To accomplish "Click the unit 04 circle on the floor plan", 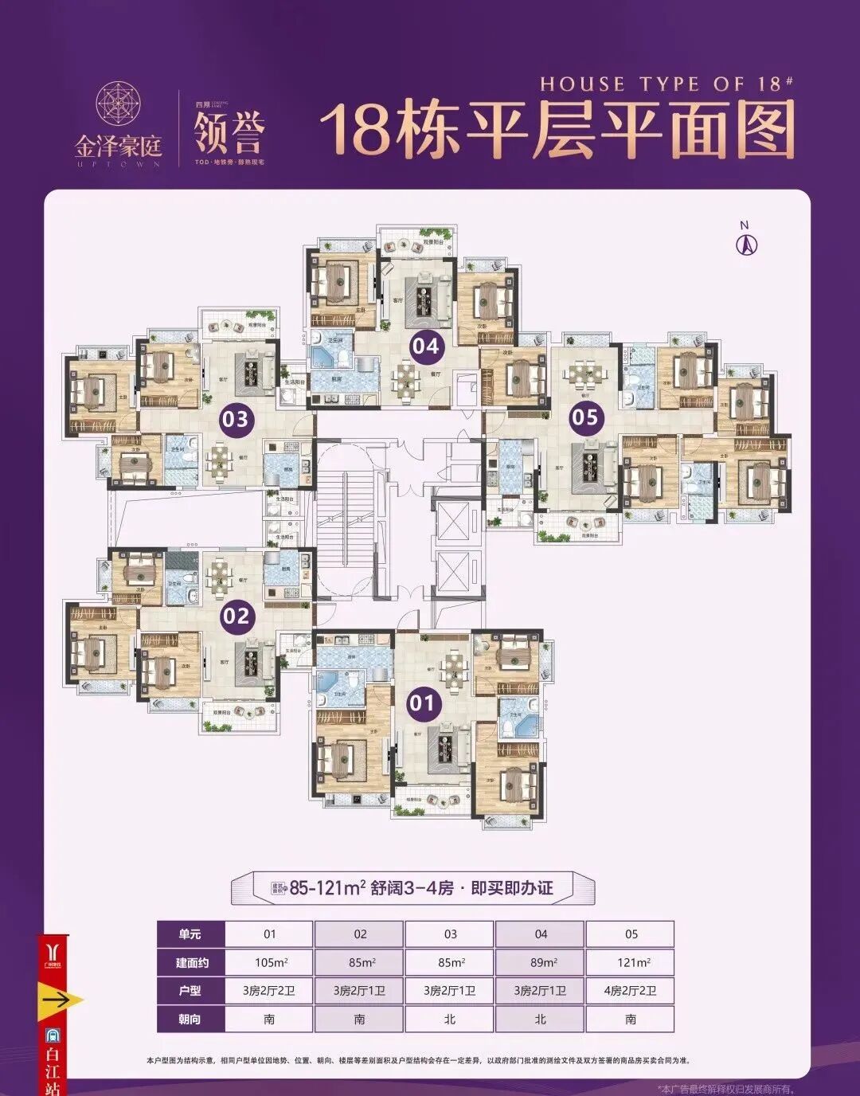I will [425, 346].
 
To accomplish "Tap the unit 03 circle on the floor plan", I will [236, 417].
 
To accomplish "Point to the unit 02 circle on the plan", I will [236, 615].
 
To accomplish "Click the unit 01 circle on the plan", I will [422, 702].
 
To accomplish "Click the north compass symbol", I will [745, 242].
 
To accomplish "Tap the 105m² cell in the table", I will [270, 962].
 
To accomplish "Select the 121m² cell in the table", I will [630, 962].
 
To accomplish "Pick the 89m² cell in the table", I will [540, 962].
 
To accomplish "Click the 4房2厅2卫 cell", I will [630, 991].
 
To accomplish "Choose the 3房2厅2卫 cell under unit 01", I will [270, 991].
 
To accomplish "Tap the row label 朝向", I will [190, 1020].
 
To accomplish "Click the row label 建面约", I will [190, 962].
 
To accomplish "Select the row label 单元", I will [190, 934].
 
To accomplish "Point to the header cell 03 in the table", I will [450, 934].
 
